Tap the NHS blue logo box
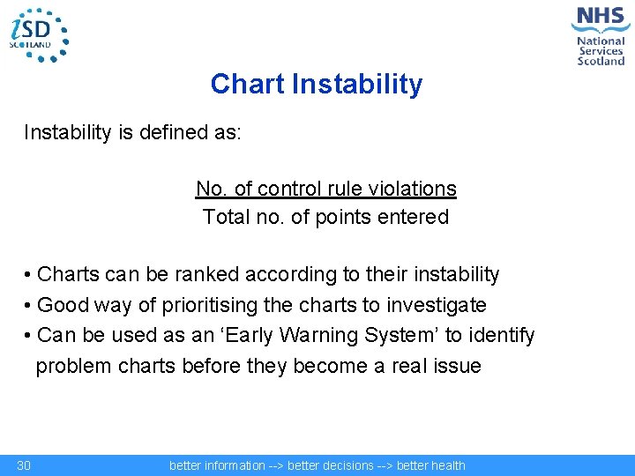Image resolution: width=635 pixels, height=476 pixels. coord(601,19)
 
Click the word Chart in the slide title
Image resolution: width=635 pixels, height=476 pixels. coord(247,85)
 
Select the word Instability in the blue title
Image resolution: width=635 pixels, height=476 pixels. coord(357,85)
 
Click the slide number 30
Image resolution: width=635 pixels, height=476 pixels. coord(24,465)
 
